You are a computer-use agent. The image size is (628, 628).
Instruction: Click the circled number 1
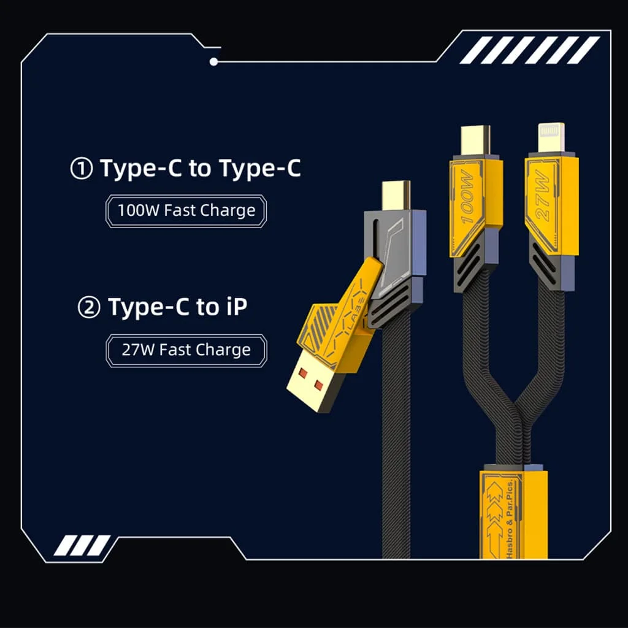(82, 168)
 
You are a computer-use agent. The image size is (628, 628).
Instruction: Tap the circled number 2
(88, 308)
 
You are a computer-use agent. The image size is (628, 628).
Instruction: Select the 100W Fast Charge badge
(186, 211)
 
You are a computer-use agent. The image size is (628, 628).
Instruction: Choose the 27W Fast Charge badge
(186, 350)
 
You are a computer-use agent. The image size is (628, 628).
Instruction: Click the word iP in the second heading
(233, 307)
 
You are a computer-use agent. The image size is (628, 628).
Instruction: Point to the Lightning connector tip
(551, 137)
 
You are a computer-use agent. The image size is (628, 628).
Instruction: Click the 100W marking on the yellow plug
(467, 197)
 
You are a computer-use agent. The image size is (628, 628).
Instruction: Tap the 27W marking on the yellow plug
(542, 194)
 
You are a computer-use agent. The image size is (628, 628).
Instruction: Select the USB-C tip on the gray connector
(396, 195)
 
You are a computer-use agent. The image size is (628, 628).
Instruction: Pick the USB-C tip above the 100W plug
(475, 140)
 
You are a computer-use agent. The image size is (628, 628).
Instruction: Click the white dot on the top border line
(214, 62)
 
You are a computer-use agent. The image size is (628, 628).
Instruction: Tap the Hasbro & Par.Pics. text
(510, 519)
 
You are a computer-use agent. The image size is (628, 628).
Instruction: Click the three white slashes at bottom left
(82, 545)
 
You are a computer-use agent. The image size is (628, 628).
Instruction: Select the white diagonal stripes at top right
(529, 50)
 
